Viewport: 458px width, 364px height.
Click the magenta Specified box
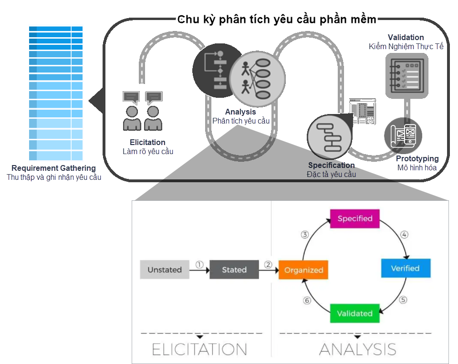tap(354, 218)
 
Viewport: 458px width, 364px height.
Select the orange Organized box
tap(304, 270)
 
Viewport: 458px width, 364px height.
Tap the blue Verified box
tap(406, 268)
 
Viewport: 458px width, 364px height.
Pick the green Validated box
tap(354, 313)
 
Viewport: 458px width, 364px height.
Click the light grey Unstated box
tap(165, 270)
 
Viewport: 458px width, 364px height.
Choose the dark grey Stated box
tap(234, 270)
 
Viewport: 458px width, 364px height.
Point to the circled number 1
tap(199, 264)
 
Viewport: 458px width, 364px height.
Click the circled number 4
tap(404, 235)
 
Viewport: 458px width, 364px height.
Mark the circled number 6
tap(307, 301)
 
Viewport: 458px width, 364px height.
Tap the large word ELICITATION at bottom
tap(199, 349)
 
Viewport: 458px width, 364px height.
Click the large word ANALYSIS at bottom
tap(358, 349)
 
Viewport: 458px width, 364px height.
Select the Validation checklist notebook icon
tap(406, 76)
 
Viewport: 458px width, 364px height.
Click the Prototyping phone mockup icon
tap(403, 135)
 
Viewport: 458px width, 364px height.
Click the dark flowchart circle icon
tap(215, 70)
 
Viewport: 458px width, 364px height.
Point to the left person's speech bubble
tap(131, 97)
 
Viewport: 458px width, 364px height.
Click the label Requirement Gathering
tap(53, 168)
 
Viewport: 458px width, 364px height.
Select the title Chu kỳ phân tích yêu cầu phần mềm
tap(277, 20)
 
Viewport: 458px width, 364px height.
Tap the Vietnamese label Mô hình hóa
tap(416, 168)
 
